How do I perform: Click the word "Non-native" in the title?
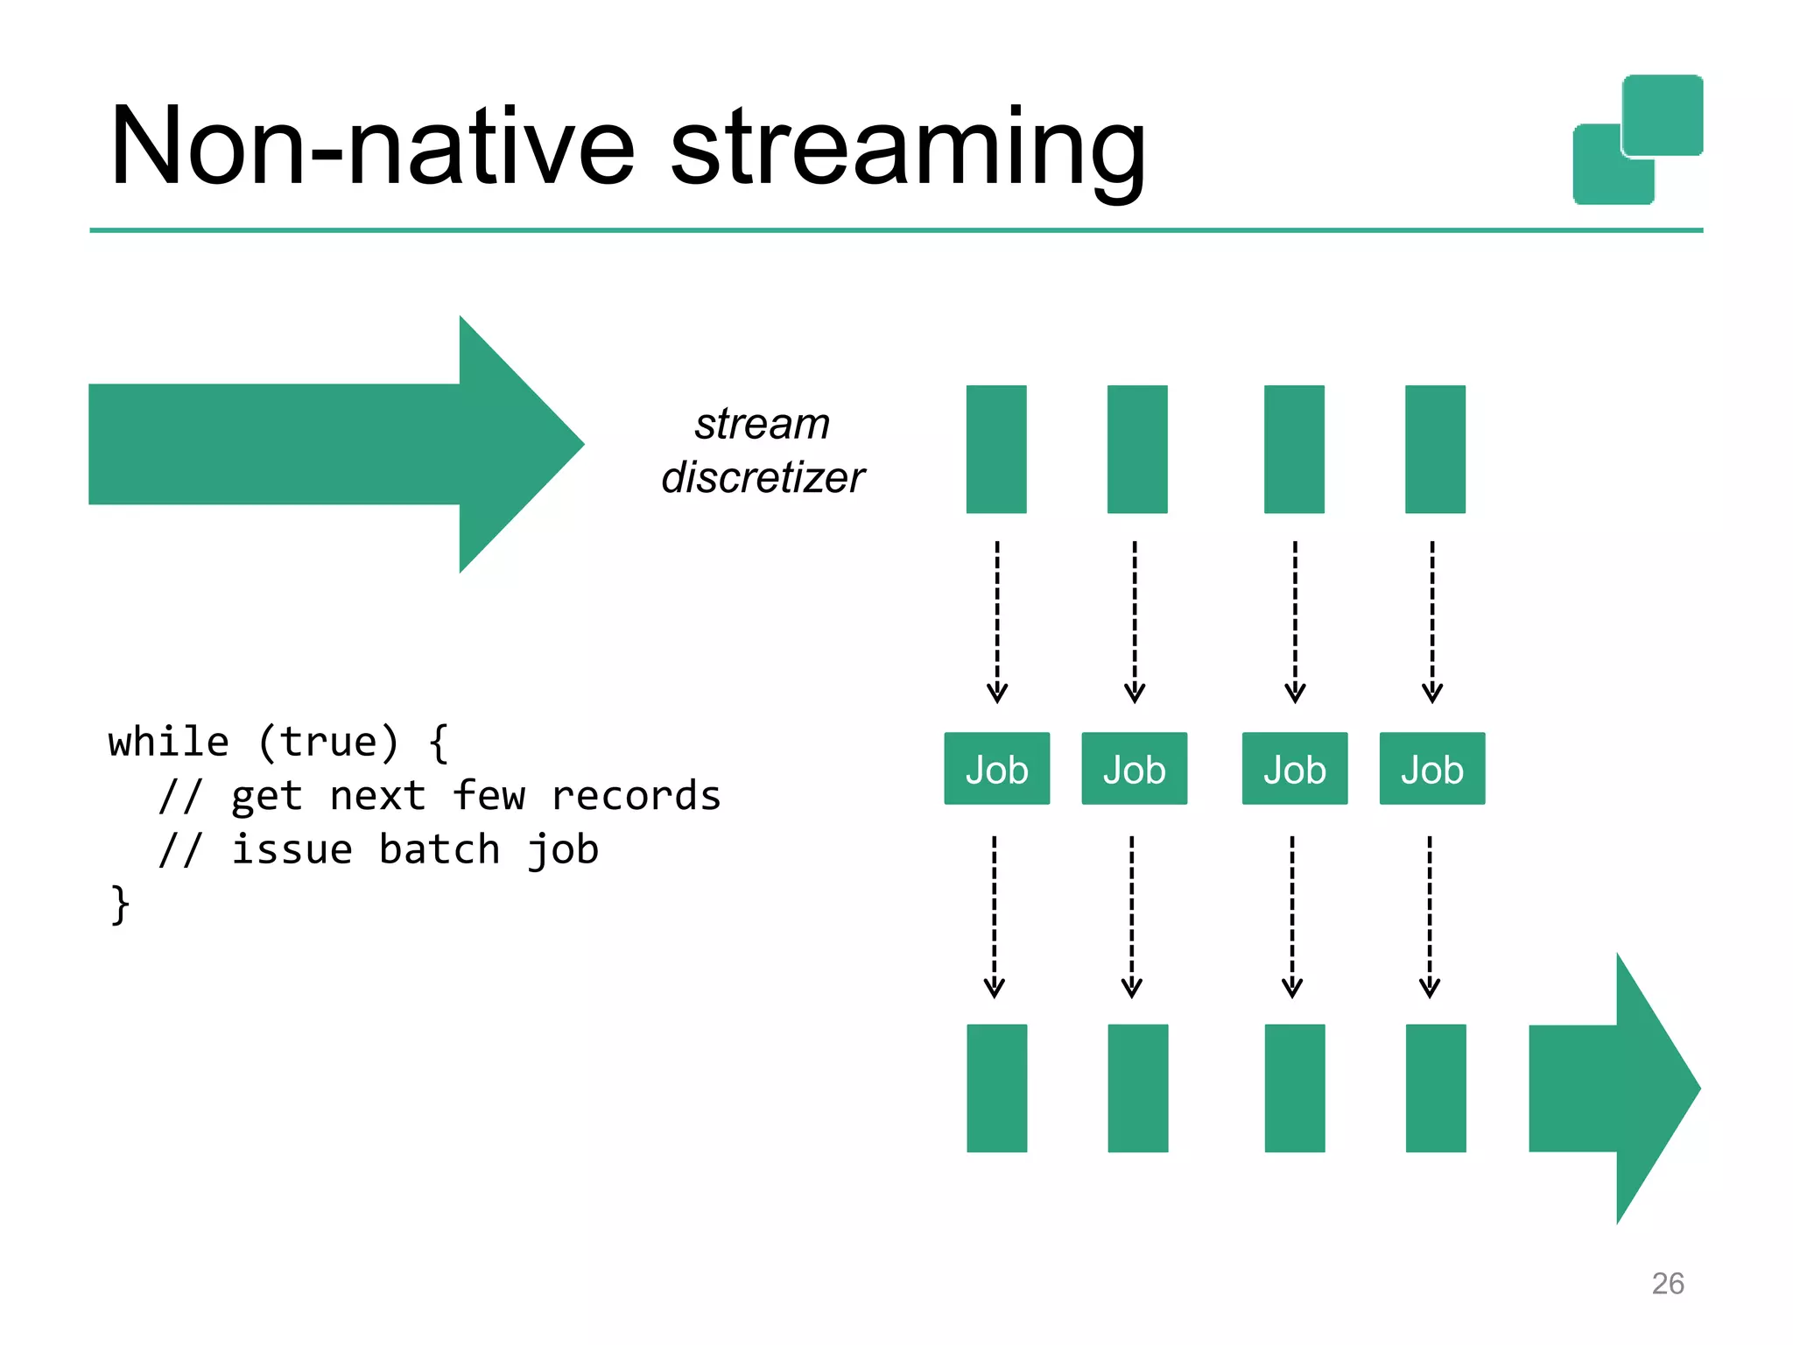(371, 147)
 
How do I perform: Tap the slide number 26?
(1667, 1283)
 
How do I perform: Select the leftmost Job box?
(996, 769)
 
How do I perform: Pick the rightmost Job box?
(1431, 769)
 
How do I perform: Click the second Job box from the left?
(1134, 769)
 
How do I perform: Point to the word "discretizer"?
(762, 478)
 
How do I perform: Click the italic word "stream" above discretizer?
(762, 424)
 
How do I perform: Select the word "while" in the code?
(168, 743)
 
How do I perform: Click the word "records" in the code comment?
(636, 796)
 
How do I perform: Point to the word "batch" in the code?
(439, 850)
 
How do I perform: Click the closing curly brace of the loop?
(120, 905)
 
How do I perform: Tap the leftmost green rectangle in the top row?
(996, 449)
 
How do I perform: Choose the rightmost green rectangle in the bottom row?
(1435, 1088)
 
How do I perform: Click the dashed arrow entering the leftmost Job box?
(996, 622)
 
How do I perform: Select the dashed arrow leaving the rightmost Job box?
(1429, 917)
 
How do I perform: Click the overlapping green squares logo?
(1637, 140)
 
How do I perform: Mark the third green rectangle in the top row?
(1294, 449)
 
